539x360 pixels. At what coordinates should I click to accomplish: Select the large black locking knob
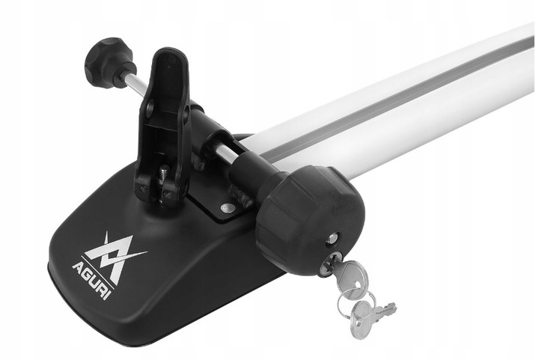[309, 221]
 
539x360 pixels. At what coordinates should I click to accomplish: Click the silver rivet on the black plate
[228, 207]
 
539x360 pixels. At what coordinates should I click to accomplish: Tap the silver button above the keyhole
[332, 237]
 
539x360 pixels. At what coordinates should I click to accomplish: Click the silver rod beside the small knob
[135, 84]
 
